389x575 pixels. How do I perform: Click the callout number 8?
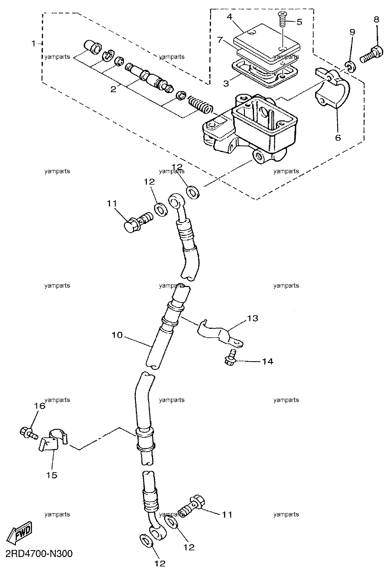click(376, 20)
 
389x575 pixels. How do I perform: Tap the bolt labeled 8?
click(371, 56)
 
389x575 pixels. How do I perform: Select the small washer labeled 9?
click(350, 67)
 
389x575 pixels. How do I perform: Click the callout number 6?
click(338, 138)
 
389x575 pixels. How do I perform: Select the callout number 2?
click(113, 89)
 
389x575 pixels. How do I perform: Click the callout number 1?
click(34, 44)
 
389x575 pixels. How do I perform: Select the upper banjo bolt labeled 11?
click(139, 221)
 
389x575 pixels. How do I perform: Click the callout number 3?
click(226, 83)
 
